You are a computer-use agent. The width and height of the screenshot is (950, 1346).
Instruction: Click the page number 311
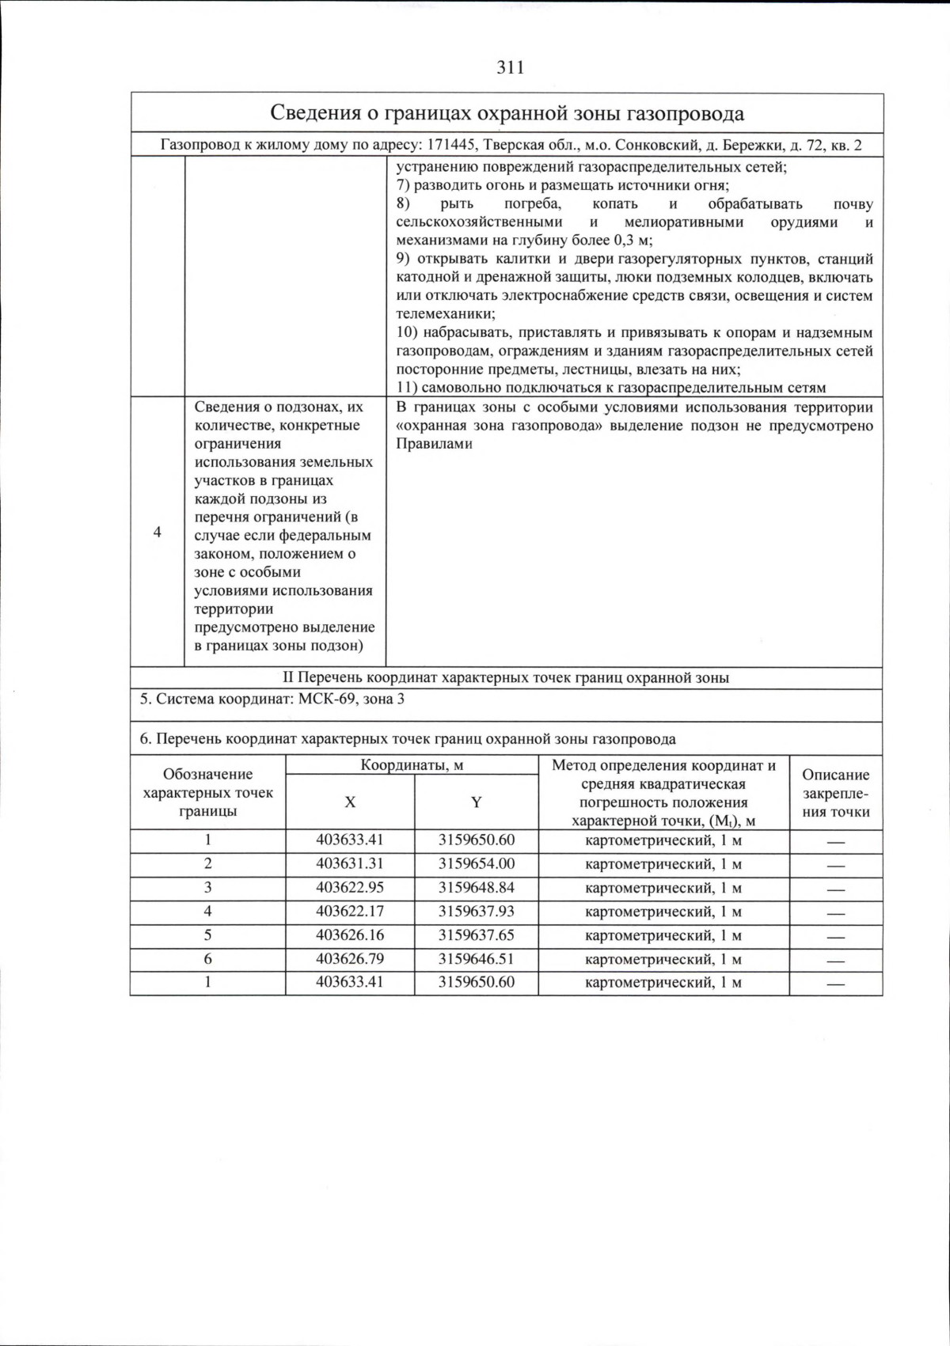point(511,68)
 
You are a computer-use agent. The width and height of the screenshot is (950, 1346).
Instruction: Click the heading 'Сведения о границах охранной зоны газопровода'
point(507,113)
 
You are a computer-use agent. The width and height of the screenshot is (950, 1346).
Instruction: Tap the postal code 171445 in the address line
point(452,146)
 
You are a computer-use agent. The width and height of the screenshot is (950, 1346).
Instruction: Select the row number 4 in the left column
point(157,532)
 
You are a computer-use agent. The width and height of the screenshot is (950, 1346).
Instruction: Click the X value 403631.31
point(349,864)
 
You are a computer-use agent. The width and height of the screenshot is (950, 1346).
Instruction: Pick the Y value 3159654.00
point(476,864)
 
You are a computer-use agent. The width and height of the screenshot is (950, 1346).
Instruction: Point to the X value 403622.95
point(349,888)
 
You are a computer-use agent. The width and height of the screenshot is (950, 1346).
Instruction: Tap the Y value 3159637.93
point(476,912)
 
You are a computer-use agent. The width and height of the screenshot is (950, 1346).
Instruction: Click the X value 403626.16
point(349,935)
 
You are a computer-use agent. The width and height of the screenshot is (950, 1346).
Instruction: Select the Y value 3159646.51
point(476,959)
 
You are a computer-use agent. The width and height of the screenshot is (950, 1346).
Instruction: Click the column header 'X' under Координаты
point(349,802)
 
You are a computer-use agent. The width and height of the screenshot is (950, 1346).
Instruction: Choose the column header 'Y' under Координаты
point(476,802)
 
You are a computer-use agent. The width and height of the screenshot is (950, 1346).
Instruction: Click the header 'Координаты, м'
point(412,765)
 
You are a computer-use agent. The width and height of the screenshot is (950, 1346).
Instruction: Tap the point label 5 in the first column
point(207,935)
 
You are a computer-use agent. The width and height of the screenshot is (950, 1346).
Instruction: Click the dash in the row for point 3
point(835,889)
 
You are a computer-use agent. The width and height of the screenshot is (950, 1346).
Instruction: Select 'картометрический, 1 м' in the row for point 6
point(663,959)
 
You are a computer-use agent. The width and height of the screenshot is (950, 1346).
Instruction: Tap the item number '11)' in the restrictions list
point(407,388)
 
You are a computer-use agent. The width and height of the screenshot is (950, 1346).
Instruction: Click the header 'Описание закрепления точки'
point(835,793)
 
